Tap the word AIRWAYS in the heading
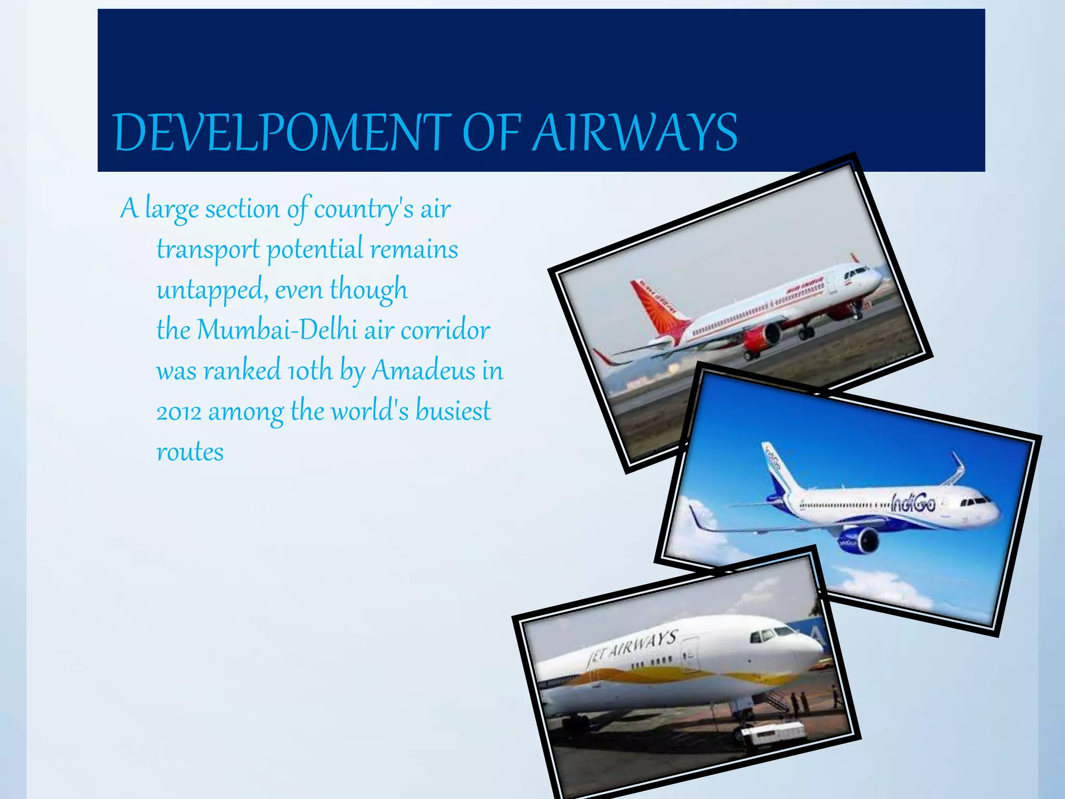pyautogui.click(x=635, y=133)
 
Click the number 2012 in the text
pyautogui.click(x=178, y=412)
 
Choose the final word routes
pyautogui.click(x=190, y=452)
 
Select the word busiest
pyautogui.click(x=452, y=411)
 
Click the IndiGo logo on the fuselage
pyautogui.click(x=913, y=503)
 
